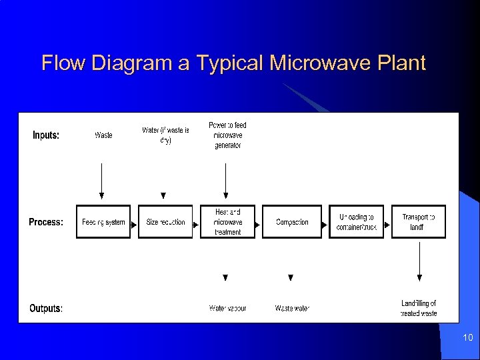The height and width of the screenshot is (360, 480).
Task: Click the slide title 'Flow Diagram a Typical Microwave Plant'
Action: click(233, 63)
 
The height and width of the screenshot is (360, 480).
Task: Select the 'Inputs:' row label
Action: click(46, 135)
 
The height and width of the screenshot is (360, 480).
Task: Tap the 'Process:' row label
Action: click(46, 222)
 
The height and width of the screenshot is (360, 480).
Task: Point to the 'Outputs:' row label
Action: click(46, 309)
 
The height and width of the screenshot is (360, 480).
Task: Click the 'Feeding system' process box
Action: click(103, 222)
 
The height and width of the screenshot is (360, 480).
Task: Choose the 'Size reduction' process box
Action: click(165, 222)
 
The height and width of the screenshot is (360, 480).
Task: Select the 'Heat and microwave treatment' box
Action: click(228, 222)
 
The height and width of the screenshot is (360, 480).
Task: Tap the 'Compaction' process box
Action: click(292, 222)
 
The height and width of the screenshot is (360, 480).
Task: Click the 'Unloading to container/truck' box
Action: click(357, 222)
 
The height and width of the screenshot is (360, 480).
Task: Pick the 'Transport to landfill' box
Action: click(419, 222)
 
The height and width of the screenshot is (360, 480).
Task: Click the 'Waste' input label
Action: click(103, 135)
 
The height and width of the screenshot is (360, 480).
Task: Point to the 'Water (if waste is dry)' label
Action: click(165, 135)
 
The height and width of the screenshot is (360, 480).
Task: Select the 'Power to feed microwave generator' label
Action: click(227, 135)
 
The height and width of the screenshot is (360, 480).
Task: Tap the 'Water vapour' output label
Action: click(227, 309)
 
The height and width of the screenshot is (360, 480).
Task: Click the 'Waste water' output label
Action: click(292, 309)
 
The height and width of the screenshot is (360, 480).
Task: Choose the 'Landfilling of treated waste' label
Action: click(419, 308)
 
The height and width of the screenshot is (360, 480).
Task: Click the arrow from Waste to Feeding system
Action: click(102, 180)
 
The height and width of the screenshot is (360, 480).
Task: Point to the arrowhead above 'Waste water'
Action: click(291, 277)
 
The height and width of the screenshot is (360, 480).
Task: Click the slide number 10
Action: click(467, 339)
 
